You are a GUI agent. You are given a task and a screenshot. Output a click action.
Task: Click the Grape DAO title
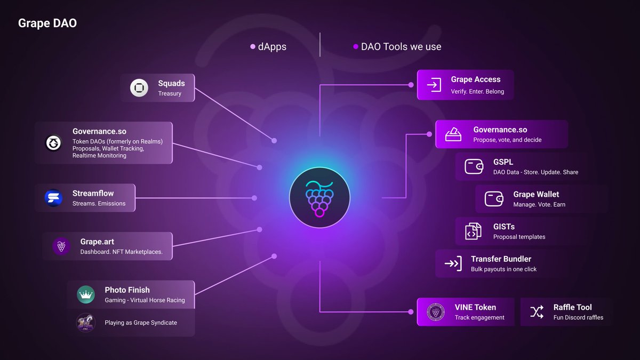tap(47, 23)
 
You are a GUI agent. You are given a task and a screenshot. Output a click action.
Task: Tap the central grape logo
tap(319, 197)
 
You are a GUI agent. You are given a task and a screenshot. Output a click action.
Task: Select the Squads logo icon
tap(139, 88)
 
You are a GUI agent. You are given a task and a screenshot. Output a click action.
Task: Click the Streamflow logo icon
tap(54, 198)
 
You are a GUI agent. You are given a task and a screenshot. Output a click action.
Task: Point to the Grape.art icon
tap(61, 246)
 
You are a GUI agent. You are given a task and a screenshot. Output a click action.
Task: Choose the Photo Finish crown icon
tap(85, 294)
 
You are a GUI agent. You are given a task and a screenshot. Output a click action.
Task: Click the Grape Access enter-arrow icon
tap(434, 85)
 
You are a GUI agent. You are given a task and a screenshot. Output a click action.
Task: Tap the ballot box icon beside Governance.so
tap(453, 134)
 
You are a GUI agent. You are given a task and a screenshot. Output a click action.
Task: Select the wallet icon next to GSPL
tap(474, 166)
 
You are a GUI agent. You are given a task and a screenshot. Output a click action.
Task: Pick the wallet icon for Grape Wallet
tap(494, 199)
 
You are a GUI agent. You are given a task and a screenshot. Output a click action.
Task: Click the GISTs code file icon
tap(473, 231)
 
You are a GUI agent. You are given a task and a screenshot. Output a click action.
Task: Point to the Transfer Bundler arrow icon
tap(453, 263)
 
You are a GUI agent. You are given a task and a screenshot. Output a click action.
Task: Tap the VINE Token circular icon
tap(436, 312)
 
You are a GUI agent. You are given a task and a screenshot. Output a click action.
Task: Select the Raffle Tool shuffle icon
tap(537, 312)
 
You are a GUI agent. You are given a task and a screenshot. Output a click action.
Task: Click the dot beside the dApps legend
tap(253, 47)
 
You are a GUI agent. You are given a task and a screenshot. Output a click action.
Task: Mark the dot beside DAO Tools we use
tap(356, 47)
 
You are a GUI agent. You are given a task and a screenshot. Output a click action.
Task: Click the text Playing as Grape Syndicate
tap(141, 323)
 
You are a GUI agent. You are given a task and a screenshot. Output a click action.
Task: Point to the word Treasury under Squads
tap(170, 94)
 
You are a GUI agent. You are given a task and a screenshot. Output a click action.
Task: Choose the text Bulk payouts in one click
tap(503, 269)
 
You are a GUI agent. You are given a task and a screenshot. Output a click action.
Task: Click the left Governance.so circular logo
tap(53, 143)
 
